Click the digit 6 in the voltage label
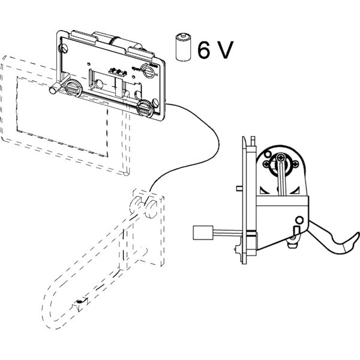204,50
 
